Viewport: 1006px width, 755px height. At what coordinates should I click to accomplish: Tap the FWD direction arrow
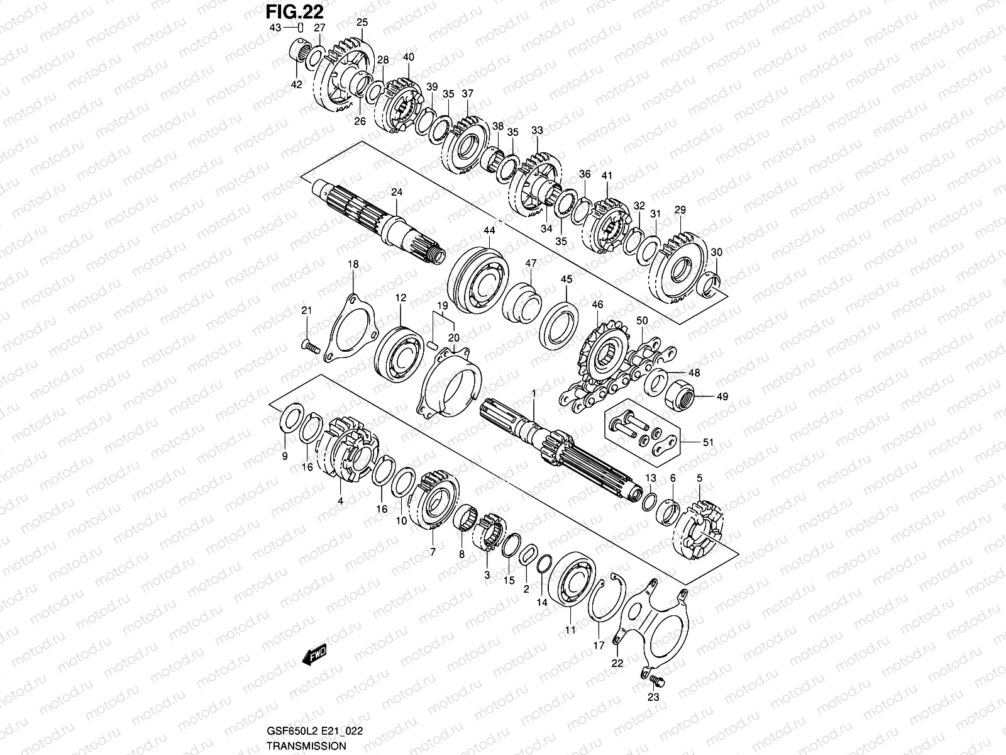click(x=314, y=656)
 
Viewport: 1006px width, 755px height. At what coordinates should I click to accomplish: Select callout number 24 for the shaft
click(x=396, y=193)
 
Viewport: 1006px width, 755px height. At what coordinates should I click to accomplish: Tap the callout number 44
click(x=489, y=232)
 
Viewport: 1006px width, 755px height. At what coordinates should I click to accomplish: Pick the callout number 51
click(x=709, y=442)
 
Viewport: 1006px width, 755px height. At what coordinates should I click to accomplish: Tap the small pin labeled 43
click(x=301, y=27)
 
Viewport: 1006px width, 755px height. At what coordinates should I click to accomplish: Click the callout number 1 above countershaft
click(x=533, y=393)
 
